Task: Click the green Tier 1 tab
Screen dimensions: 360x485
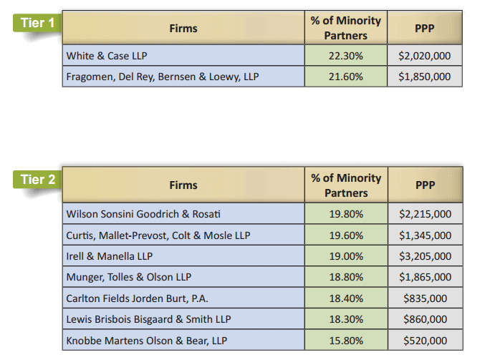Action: pyautogui.click(x=37, y=22)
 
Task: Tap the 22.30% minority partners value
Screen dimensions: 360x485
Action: pyautogui.click(x=346, y=56)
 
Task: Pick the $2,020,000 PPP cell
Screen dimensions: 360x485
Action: pyautogui.click(x=424, y=56)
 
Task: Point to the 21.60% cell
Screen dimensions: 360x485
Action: pyautogui.click(x=346, y=77)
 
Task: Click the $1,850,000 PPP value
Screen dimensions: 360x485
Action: pyautogui.click(x=424, y=77)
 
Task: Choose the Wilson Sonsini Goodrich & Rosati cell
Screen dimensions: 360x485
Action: pyautogui.click(x=144, y=214)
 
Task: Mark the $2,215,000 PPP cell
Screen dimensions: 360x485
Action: pyautogui.click(x=424, y=214)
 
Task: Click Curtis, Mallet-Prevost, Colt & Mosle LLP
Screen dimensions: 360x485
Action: pyautogui.click(x=158, y=235)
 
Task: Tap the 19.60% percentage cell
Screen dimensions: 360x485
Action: pyautogui.click(x=346, y=235)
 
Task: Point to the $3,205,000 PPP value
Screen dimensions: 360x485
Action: pyautogui.click(x=424, y=256)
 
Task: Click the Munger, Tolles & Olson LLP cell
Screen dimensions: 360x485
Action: pyautogui.click(x=129, y=276)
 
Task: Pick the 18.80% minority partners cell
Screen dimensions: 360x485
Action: pyautogui.click(x=346, y=276)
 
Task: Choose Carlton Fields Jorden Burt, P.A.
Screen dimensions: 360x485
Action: pyautogui.click(x=136, y=297)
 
